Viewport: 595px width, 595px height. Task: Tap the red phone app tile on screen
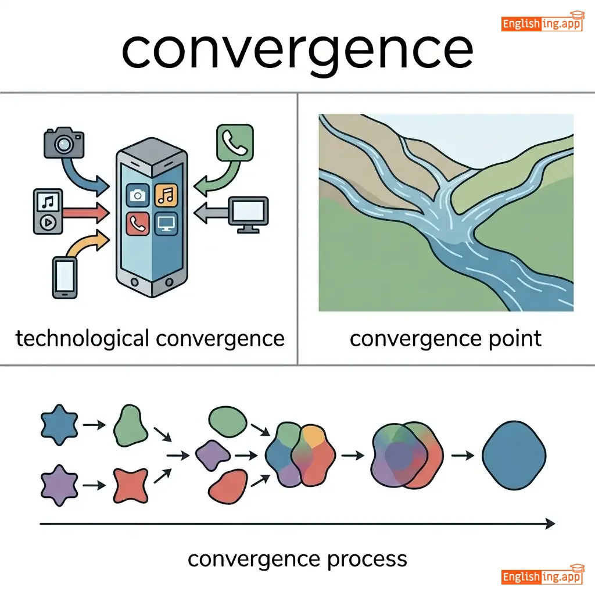pos(138,224)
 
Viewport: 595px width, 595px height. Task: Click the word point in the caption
pos(514,338)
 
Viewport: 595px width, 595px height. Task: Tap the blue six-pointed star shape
pos(59,426)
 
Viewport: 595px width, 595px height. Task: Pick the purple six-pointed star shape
pos(59,483)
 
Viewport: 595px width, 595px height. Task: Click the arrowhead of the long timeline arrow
pos(549,524)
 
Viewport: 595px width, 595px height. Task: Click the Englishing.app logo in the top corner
pos(542,23)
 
